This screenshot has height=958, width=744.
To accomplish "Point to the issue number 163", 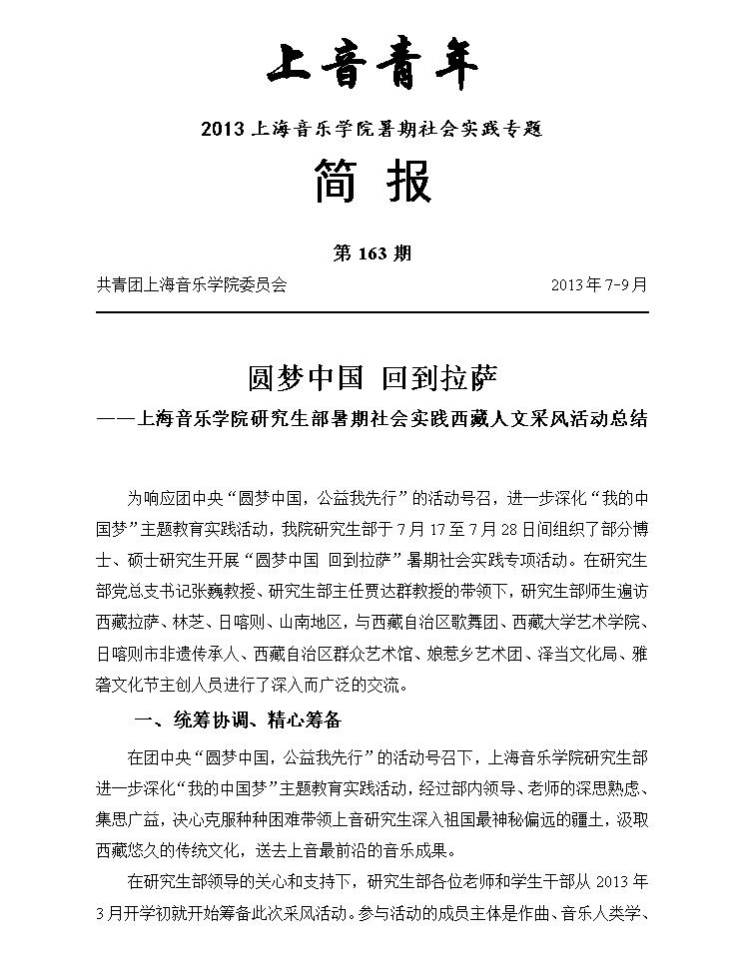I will click(x=372, y=253).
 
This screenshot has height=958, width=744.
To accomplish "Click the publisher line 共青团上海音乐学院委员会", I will click(x=191, y=284).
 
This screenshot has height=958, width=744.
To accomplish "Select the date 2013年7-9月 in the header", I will click(x=598, y=284).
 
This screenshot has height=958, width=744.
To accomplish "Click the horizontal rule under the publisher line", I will click(x=372, y=312).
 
